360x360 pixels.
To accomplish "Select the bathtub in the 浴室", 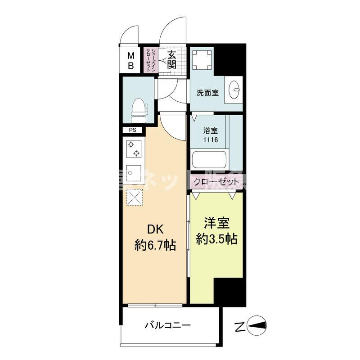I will point(208,160).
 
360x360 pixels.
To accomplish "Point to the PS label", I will point(132,130).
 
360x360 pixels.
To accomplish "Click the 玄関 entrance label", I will point(171,60).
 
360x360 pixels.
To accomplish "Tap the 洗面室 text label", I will point(207,93).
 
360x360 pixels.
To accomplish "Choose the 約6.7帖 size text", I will point(155,246).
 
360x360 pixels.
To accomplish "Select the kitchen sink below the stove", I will point(134,172).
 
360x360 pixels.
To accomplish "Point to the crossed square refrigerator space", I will point(135,196).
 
